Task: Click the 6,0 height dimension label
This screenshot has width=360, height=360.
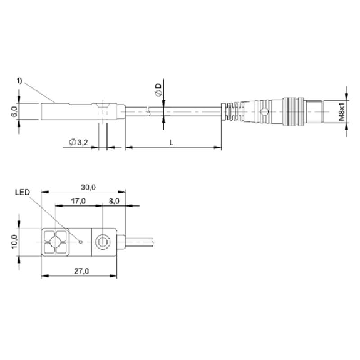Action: [x=14, y=111]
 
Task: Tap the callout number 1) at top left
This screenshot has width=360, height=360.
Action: [x=19, y=81]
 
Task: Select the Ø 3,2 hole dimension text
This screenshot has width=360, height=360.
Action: [x=78, y=142]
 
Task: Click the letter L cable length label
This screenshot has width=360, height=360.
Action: [x=172, y=143]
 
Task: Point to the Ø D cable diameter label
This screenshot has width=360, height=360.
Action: [x=158, y=90]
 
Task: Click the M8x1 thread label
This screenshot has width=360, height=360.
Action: [x=342, y=112]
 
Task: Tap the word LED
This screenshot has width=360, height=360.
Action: [x=23, y=192]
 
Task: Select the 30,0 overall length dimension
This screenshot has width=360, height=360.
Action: [x=88, y=187]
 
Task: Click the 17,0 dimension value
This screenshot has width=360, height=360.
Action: [x=78, y=201]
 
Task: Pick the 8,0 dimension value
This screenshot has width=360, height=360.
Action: [x=114, y=201]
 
